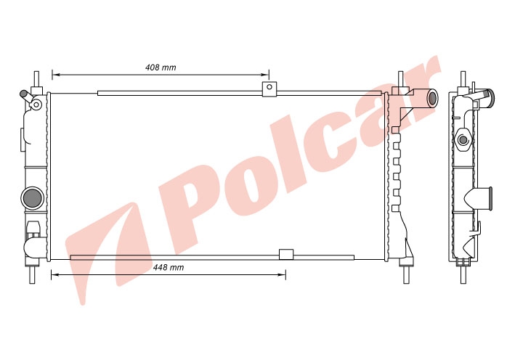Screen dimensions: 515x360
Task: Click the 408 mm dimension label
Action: [161, 67]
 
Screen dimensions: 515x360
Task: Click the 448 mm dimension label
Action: [169, 267]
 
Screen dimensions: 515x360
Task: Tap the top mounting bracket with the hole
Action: [269, 89]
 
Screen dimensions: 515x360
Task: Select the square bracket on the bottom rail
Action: [286, 254]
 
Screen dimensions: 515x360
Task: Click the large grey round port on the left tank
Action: [32, 198]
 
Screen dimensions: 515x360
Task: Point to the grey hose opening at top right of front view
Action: [433, 97]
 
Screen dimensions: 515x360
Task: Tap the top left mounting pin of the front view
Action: [37, 79]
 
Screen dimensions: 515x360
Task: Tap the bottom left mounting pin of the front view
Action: [32, 274]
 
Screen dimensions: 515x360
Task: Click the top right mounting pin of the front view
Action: [401, 79]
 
